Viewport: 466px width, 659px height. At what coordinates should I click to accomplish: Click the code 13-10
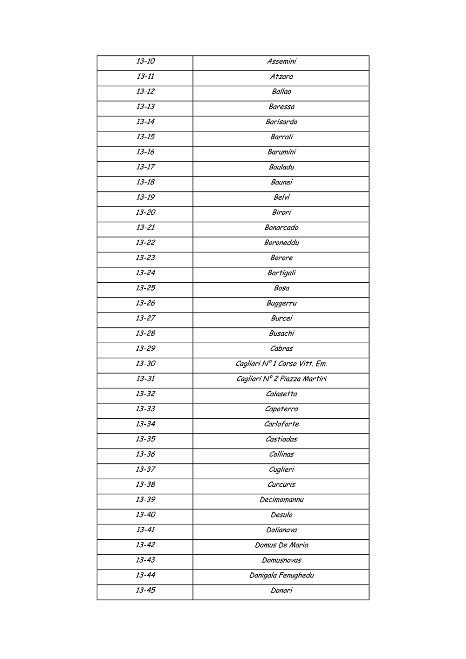[x=145, y=61]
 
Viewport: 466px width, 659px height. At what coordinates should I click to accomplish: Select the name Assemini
[x=281, y=61]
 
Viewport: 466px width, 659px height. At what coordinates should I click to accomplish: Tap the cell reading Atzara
[x=281, y=77]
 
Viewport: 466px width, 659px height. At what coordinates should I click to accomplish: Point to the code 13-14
[x=145, y=122]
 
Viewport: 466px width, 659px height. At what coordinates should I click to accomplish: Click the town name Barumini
[x=281, y=152]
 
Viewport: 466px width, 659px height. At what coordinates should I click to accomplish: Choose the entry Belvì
[x=281, y=197]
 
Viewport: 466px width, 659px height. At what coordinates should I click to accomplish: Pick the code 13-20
[x=145, y=213]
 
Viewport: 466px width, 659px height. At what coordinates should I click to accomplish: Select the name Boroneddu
[x=281, y=243]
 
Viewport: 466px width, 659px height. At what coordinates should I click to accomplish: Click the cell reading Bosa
[x=281, y=288]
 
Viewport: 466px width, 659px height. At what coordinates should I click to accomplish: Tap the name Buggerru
[x=281, y=304]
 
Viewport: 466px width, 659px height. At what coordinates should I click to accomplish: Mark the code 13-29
[x=145, y=349]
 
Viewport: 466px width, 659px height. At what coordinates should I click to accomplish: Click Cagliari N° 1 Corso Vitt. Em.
[x=281, y=364]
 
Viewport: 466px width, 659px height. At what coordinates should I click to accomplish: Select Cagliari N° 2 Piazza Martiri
[x=281, y=379]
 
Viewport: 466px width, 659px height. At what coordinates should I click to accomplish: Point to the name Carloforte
[x=281, y=424]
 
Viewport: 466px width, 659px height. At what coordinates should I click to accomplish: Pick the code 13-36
[x=145, y=455]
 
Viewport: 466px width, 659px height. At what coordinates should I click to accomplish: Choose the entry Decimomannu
[x=281, y=500]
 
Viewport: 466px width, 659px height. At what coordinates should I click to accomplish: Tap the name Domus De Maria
[x=281, y=545]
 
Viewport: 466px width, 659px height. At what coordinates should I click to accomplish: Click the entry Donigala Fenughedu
[x=281, y=576]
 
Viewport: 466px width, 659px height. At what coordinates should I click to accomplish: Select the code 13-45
[x=145, y=591]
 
